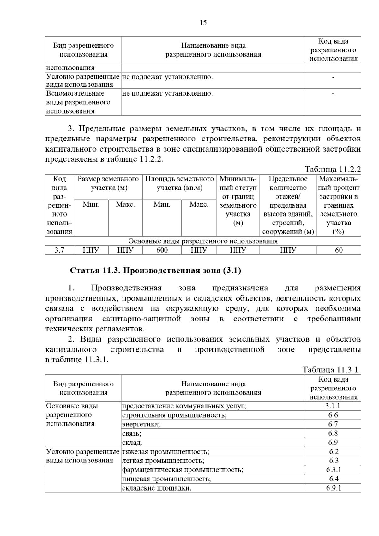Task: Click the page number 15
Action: coord(203,23)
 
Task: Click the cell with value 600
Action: coord(162,250)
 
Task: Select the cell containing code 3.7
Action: coord(59,250)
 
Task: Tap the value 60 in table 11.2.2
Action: coord(339,250)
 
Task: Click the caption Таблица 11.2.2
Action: coord(333,169)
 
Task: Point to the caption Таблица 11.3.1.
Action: coord(332,370)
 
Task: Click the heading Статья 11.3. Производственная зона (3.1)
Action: coord(155,271)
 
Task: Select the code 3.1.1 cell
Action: coord(333,406)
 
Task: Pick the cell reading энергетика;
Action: coord(141,424)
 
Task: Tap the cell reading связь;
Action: coord(132,433)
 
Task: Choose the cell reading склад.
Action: coord(132,443)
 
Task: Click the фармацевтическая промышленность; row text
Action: coord(183,470)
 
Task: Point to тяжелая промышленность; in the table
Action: coord(165,452)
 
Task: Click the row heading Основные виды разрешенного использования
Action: coord(72,415)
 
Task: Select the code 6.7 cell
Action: coord(333,424)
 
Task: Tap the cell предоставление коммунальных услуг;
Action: coord(184,406)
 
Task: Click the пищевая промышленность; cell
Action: coord(166,479)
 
